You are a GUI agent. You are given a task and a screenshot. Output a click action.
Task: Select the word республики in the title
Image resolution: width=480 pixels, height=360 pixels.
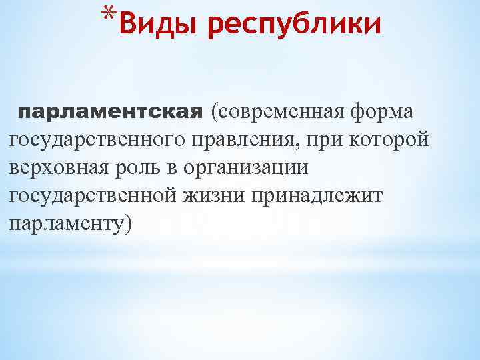click(x=294, y=26)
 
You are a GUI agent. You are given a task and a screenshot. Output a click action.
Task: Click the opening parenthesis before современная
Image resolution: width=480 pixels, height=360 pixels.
click(x=213, y=111)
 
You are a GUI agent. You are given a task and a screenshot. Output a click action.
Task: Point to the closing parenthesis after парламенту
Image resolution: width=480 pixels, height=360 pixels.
click(x=129, y=225)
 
